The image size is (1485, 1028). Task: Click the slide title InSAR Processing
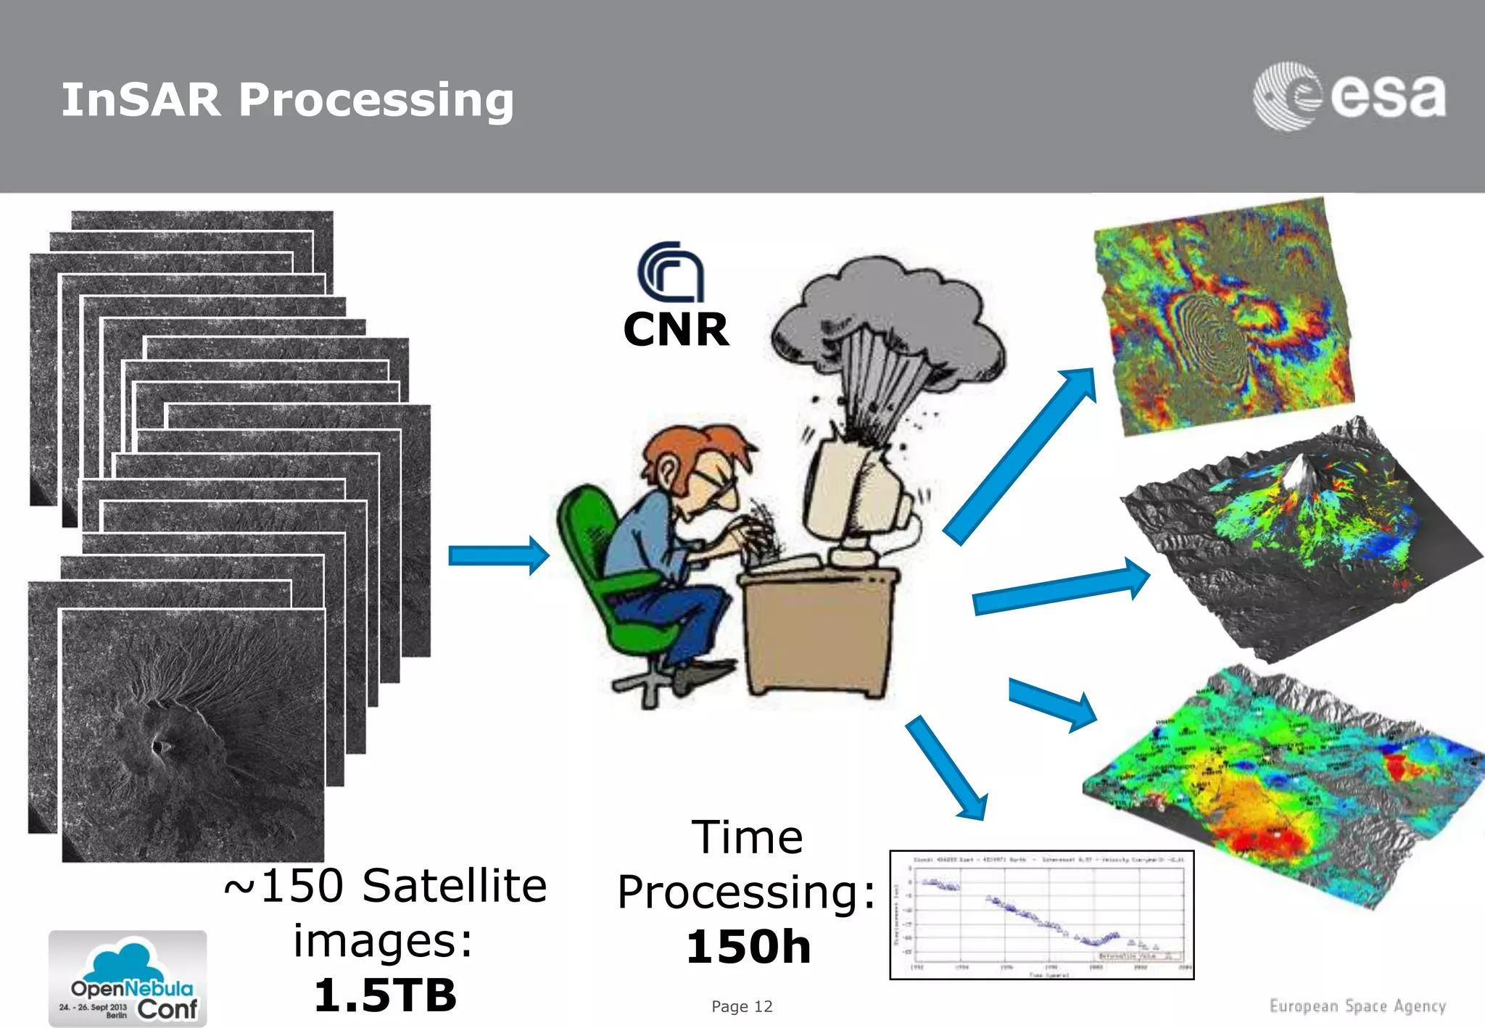tap(287, 100)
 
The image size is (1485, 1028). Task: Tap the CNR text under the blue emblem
tap(676, 330)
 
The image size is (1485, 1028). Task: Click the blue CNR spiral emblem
tap(671, 273)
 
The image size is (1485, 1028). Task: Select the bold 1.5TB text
tap(385, 995)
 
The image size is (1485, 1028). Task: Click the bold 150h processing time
tap(748, 947)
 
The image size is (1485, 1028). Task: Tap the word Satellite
tap(454, 886)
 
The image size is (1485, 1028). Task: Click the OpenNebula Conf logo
tap(128, 979)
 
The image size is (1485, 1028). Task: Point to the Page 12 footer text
tap(742, 1006)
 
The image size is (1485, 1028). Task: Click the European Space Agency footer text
tap(1357, 1006)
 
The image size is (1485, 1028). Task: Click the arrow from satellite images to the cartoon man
tap(499, 556)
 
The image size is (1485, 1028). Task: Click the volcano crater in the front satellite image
tap(160, 744)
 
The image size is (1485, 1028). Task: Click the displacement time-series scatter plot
tap(1042, 915)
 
